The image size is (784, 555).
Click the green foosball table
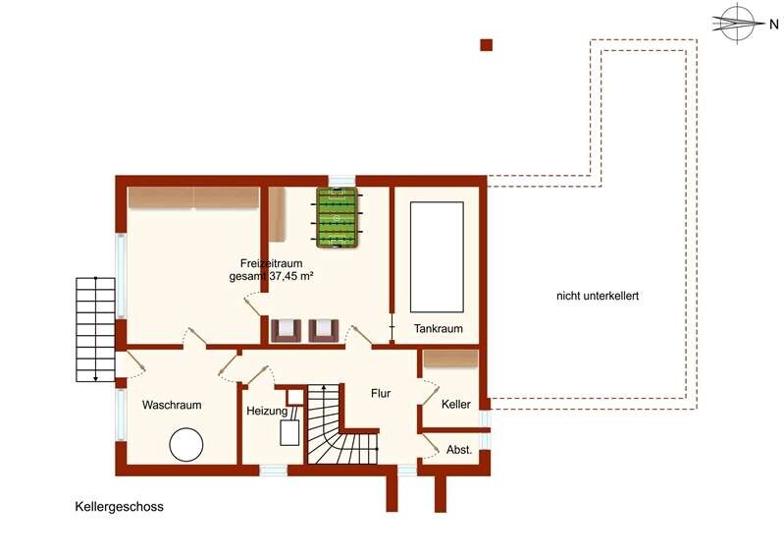click(336, 218)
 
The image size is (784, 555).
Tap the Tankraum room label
click(438, 329)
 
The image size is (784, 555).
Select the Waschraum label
click(172, 405)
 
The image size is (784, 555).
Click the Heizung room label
click(267, 412)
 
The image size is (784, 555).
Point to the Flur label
click(381, 393)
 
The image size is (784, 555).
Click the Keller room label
click(455, 404)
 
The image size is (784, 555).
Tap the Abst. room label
click(459, 450)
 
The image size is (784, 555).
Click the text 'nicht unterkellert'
click(598, 296)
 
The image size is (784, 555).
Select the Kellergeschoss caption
click(119, 507)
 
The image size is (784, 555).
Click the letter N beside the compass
click(773, 24)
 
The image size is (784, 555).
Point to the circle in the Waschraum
click(186, 444)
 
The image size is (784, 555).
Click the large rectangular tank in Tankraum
click(437, 257)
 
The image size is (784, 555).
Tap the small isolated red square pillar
click(486, 45)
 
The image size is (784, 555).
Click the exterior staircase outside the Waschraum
click(95, 330)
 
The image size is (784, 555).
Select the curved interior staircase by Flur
click(341, 424)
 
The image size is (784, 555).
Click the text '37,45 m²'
click(291, 276)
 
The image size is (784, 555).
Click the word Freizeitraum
click(271, 263)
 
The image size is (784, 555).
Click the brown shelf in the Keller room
click(450, 358)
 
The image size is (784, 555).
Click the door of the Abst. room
click(430, 445)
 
